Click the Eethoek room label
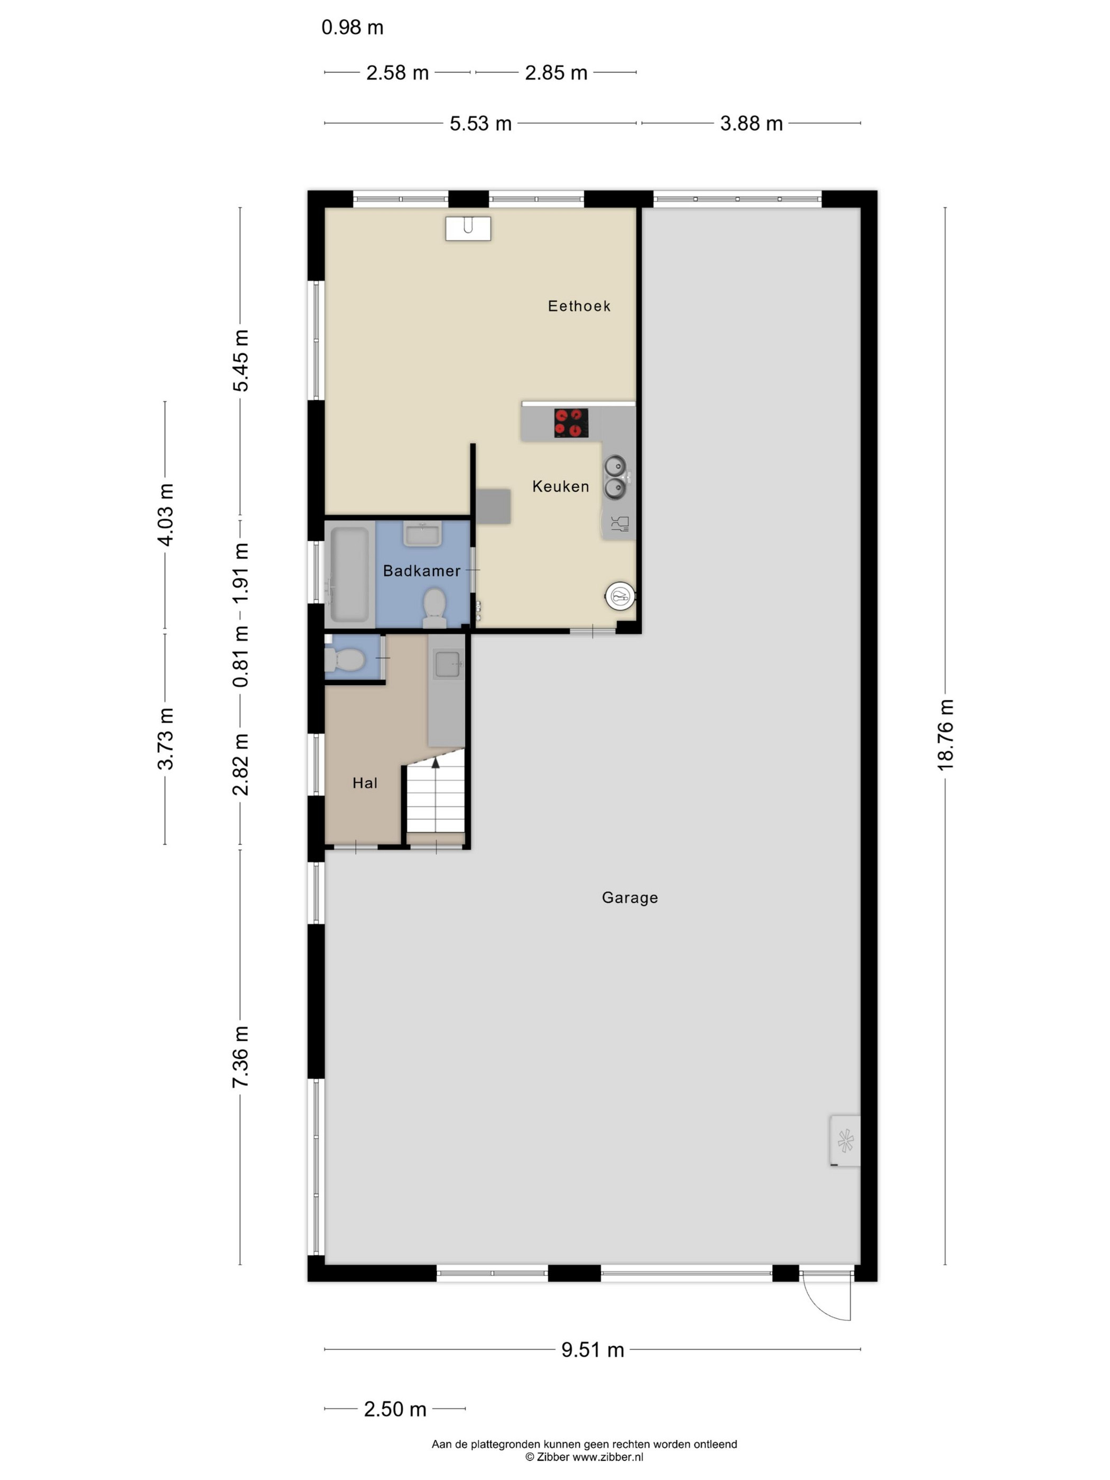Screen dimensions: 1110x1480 tap(579, 306)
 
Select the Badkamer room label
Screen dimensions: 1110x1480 tap(421, 571)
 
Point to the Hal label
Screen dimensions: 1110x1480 tap(365, 783)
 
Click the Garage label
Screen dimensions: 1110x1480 tap(630, 897)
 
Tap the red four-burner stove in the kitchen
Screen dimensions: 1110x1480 tap(571, 423)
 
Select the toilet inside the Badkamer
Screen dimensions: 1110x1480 tap(435, 607)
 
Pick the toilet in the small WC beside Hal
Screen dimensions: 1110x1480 tap(344, 660)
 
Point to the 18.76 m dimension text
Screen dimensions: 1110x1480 tap(945, 735)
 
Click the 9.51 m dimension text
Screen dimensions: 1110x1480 tap(592, 1349)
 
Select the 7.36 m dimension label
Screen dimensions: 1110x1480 tap(240, 1057)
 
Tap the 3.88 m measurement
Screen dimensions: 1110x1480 tap(751, 124)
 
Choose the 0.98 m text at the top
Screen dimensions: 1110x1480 tap(352, 27)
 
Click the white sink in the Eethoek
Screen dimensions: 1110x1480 tap(468, 228)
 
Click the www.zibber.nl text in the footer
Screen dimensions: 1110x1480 tap(607, 1457)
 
